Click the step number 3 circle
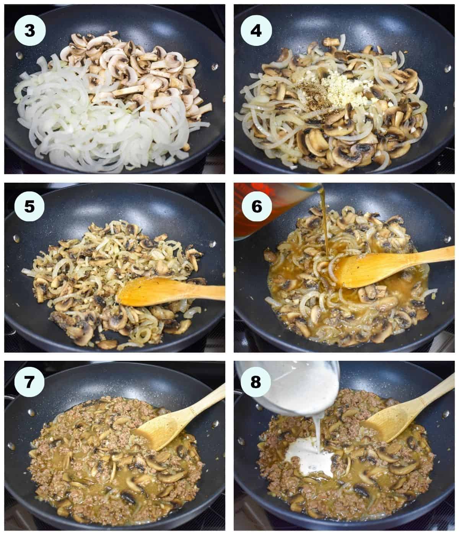29,31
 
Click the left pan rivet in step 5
16,238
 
